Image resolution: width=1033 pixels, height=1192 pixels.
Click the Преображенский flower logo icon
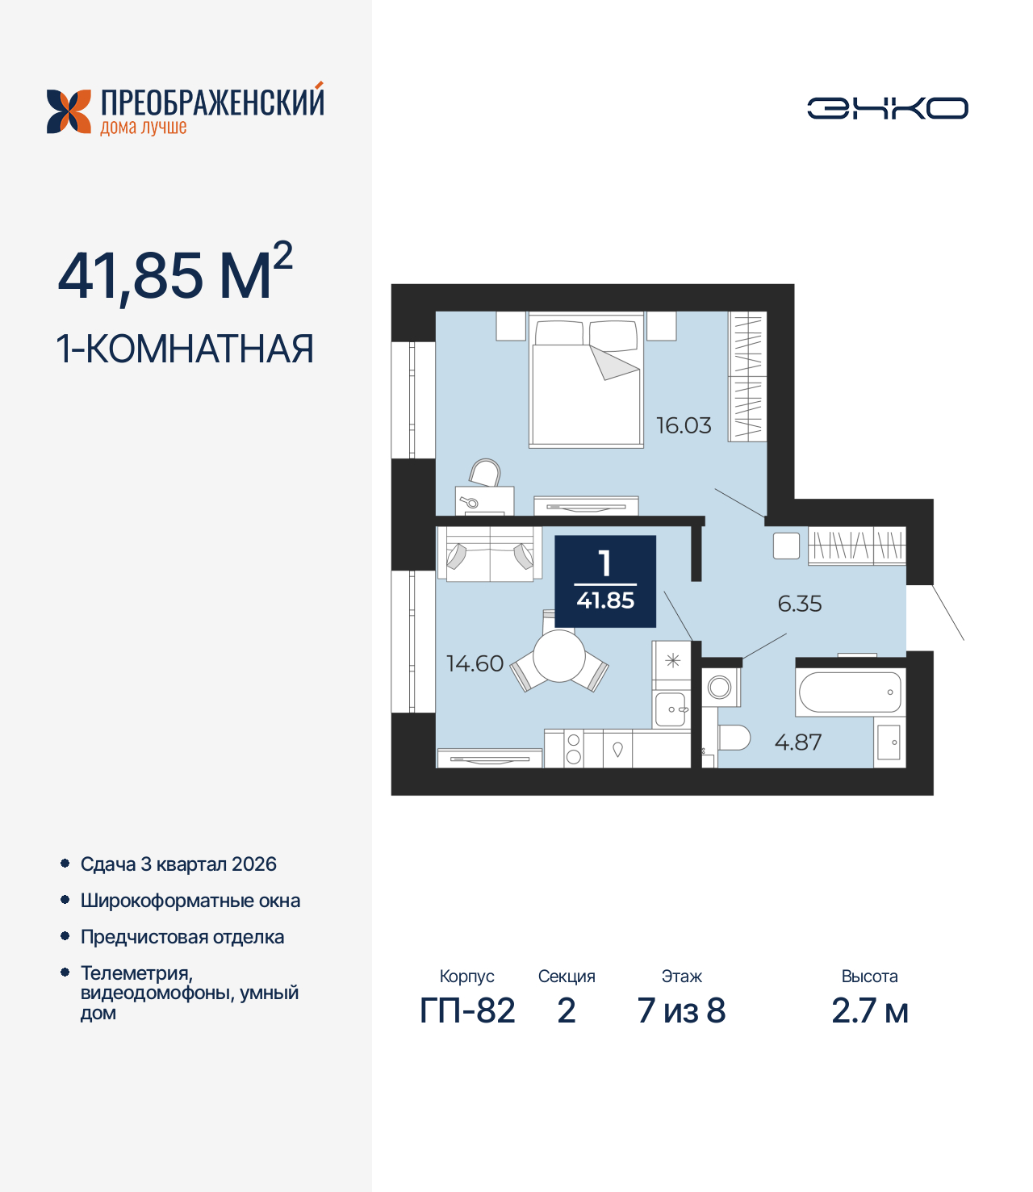click(x=69, y=111)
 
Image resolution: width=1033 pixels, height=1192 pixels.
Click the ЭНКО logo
click(x=887, y=108)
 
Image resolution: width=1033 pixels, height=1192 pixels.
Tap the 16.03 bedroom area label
click(x=684, y=425)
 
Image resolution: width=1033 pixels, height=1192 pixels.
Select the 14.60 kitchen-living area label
click(x=475, y=663)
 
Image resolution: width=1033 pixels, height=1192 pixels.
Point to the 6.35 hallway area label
click(x=799, y=604)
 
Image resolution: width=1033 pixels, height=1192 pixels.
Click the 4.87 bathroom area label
click(x=797, y=742)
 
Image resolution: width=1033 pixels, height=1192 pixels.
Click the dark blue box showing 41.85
click(x=605, y=581)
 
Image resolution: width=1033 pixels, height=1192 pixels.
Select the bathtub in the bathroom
click(x=850, y=692)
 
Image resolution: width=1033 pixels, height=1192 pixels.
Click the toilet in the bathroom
click(x=733, y=738)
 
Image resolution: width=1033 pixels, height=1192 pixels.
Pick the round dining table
click(x=558, y=656)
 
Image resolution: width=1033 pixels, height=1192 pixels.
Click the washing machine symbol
click(x=720, y=688)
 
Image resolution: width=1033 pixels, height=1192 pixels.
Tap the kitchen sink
click(x=671, y=709)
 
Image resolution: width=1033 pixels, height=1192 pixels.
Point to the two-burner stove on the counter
click(x=574, y=748)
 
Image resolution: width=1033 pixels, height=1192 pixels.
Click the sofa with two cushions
click(x=490, y=554)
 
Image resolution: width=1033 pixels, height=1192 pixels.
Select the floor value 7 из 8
click(x=681, y=1010)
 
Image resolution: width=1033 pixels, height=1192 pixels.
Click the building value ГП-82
click(x=467, y=1010)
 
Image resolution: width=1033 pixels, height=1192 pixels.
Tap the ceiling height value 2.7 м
click(x=869, y=1010)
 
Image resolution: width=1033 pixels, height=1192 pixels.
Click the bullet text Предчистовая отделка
click(x=182, y=937)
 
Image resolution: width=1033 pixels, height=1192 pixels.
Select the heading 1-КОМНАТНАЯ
click(x=185, y=349)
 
